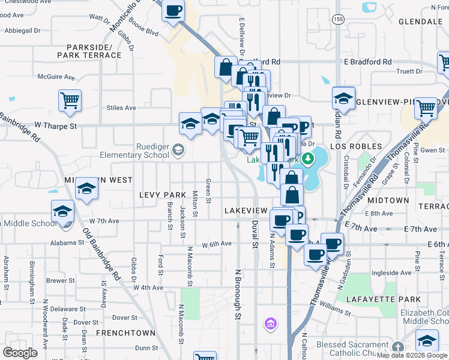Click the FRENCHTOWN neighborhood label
click(x=126, y=332)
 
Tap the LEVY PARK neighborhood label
click(x=163, y=195)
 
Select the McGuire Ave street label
click(x=56, y=77)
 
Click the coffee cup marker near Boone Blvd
click(x=173, y=10)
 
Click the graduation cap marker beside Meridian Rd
click(x=343, y=97)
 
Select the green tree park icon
click(x=308, y=158)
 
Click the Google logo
click(x=20, y=352)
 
